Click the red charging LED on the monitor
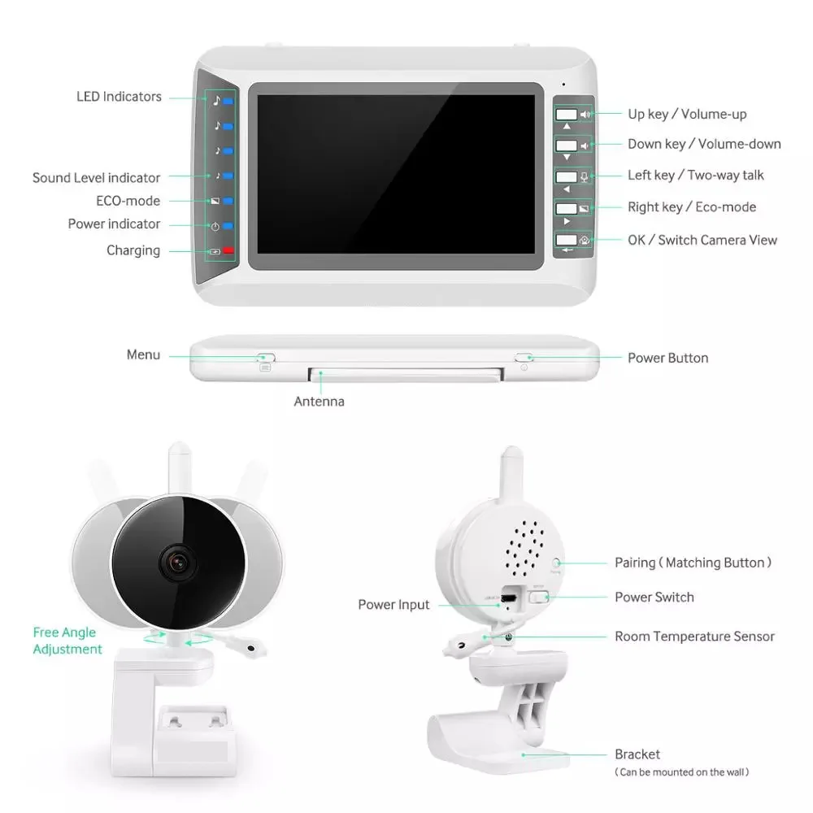(228, 251)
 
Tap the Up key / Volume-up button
(567, 115)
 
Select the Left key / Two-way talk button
(567, 176)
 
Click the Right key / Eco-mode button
(567, 208)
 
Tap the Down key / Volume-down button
(567, 146)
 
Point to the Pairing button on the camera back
(556, 562)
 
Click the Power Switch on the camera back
(537, 598)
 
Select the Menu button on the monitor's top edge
(266, 357)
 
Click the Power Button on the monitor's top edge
(524, 357)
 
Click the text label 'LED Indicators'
(119, 97)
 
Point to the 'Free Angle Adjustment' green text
(67, 641)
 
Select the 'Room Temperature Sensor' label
(694, 637)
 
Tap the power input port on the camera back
(509, 598)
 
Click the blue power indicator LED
(228, 226)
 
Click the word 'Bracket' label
(637, 754)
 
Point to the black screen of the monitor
(395, 175)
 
